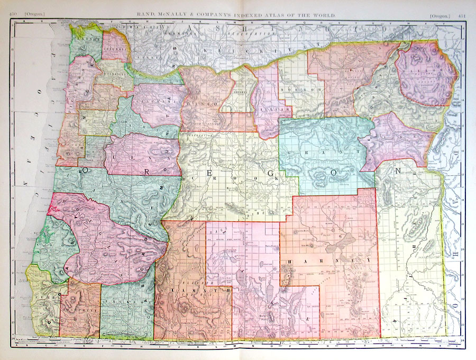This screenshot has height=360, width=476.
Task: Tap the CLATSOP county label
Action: tap(84, 38)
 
